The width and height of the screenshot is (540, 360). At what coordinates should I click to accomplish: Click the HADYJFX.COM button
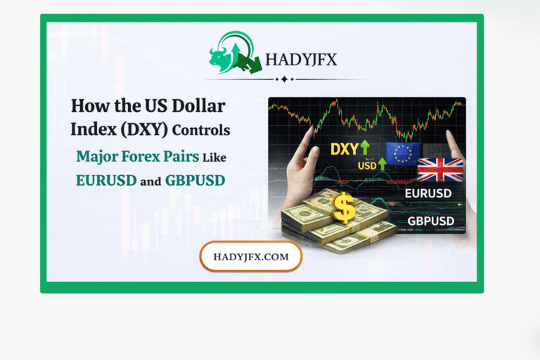pos(251,257)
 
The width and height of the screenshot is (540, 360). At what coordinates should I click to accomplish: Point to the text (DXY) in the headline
pos(149,130)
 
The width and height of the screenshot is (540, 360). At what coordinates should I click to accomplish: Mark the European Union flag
pos(403,153)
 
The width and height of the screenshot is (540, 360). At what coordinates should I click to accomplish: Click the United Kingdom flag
pos(439,169)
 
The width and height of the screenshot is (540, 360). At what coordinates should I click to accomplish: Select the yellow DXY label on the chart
pos(345,149)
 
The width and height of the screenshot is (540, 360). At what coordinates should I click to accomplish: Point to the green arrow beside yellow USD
pos(380,165)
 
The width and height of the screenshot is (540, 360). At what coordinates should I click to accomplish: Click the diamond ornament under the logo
pos(283,79)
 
